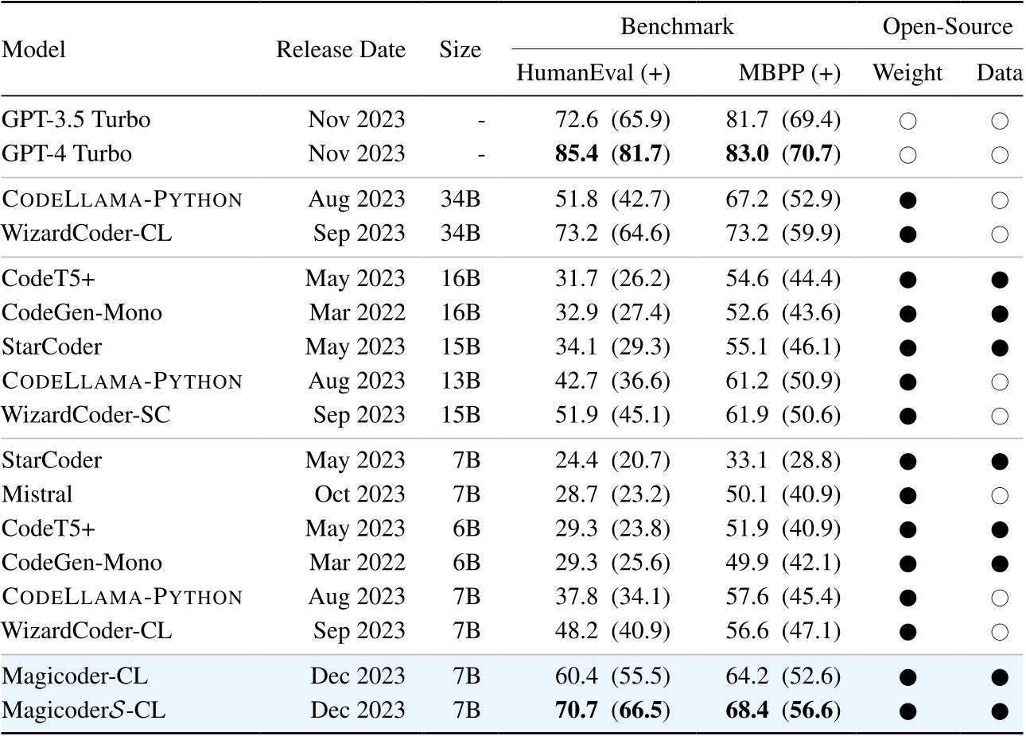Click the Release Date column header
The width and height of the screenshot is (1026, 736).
(x=340, y=49)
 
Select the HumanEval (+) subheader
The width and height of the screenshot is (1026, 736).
(x=593, y=73)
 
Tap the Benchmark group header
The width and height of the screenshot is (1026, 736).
(x=677, y=27)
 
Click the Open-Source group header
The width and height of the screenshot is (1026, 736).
(x=947, y=27)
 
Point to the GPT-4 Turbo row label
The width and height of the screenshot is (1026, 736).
(x=67, y=153)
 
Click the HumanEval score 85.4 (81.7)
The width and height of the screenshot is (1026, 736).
(x=612, y=153)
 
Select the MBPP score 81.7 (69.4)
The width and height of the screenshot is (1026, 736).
(x=783, y=120)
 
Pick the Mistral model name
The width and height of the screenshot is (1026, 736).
(x=37, y=494)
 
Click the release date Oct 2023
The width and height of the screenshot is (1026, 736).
(x=359, y=494)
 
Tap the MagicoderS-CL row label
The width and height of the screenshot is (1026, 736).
(x=84, y=710)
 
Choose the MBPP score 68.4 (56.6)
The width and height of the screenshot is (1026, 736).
(x=783, y=710)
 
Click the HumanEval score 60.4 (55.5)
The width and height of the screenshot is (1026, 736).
(x=612, y=676)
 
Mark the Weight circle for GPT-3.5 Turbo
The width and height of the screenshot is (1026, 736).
(x=907, y=121)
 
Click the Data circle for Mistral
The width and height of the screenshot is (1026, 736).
(x=1000, y=496)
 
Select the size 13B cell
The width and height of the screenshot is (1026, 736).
(x=461, y=381)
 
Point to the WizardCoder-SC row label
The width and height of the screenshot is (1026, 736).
(x=86, y=414)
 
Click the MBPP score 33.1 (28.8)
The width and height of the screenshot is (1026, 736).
(x=783, y=460)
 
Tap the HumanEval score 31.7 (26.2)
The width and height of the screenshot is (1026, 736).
(x=612, y=279)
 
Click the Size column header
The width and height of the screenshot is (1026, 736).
(x=460, y=49)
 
